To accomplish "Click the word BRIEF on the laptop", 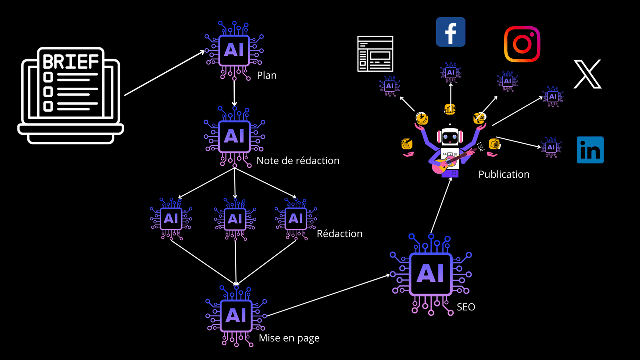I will pyautogui.click(x=71, y=62).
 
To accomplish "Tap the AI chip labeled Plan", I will pyautogui.click(x=234, y=50).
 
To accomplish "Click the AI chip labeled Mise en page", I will pyautogui.click(x=236, y=315).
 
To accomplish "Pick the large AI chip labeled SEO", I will pyautogui.click(x=430, y=273).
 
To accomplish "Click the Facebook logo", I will pyautogui.click(x=451, y=32).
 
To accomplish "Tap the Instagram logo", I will pyautogui.click(x=522, y=44).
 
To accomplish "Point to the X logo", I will pyautogui.click(x=587, y=74).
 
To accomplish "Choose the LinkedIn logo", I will pyautogui.click(x=590, y=150).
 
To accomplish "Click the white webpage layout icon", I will pyautogui.click(x=375, y=53).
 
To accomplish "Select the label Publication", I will pyautogui.click(x=504, y=174).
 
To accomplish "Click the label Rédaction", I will pyautogui.click(x=340, y=234).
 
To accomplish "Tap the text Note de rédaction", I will pyautogui.click(x=298, y=161).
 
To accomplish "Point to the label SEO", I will pyautogui.click(x=466, y=307).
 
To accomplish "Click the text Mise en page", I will pyautogui.click(x=289, y=338).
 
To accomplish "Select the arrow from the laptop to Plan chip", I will pyautogui.click(x=165, y=73).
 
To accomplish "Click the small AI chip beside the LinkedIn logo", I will pyautogui.click(x=551, y=147).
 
